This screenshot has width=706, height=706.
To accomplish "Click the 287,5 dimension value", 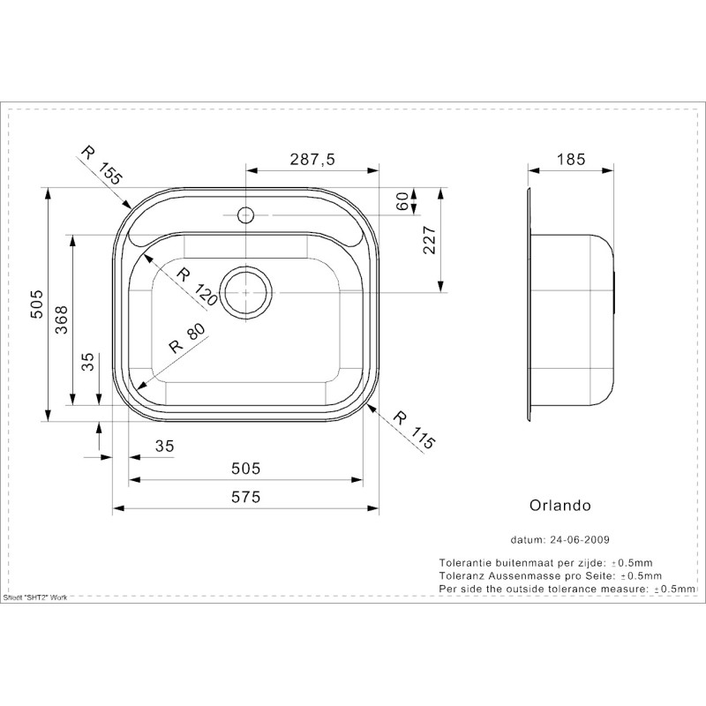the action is click(312, 160).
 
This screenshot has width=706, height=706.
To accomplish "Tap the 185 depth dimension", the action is click(571, 160).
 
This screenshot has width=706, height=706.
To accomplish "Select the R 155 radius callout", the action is click(101, 166).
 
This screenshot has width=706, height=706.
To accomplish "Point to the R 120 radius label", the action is click(197, 286).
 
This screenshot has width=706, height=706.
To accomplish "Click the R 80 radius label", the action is click(187, 338).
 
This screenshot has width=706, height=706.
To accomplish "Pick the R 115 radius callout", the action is click(414, 430).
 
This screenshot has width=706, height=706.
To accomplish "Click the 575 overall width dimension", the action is click(246, 497).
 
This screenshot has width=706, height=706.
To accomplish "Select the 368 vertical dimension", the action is click(61, 319).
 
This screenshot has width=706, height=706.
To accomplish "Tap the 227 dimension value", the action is click(430, 240).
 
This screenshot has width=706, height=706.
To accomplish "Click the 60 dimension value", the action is click(403, 201).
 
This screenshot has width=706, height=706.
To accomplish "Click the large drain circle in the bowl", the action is click(246, 293).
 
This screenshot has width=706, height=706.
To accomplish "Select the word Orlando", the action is click(560, 505).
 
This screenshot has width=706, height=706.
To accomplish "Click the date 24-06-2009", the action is click(580, 539).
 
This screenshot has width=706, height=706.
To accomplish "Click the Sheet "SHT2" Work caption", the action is click(35, 597).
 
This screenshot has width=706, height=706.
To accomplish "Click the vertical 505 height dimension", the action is click(37, 304).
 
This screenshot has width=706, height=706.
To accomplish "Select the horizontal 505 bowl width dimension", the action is click(246, 469).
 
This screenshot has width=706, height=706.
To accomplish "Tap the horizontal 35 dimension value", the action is click(164, 446).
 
